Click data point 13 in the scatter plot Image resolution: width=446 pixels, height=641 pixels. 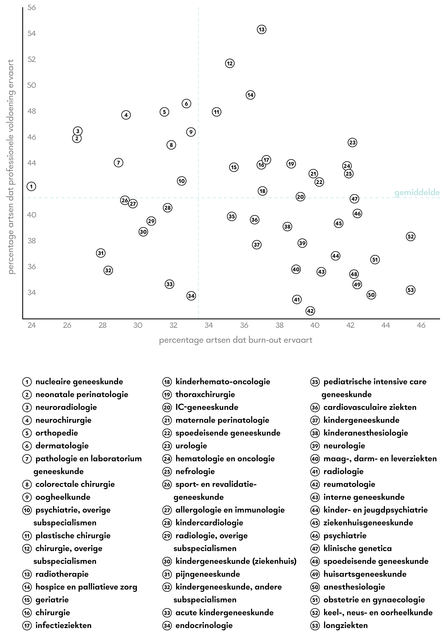click(x=262, y=29)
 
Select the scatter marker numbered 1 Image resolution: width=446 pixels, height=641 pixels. click(x=31, y=186)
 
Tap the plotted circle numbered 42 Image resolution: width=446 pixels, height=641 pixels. click(x=310, y=311)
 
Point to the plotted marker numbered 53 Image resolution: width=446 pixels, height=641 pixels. click(x=411, y=290)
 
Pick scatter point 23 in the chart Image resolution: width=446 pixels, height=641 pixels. click(x=352, y=142)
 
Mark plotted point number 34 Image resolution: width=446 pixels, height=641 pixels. click(x=191, y=296)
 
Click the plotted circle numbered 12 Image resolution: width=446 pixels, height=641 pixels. click(x=230, y=63)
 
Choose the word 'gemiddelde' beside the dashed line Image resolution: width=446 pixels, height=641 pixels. click(x=417, y=193)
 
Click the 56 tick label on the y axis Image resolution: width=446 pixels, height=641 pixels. click(x=32, y=8)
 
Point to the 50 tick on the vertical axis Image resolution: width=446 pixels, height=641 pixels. click(x=32, y=85)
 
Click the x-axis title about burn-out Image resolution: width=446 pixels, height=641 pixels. click(x=236, y=340)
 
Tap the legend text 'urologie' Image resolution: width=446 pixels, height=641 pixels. click(x=191, y=446)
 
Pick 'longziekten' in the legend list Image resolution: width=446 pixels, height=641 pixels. click(x=345, y=625)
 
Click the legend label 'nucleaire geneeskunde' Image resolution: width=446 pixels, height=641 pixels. click(x=79, y=382)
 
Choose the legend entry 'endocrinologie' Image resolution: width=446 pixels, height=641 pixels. click(x=204, y=625)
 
